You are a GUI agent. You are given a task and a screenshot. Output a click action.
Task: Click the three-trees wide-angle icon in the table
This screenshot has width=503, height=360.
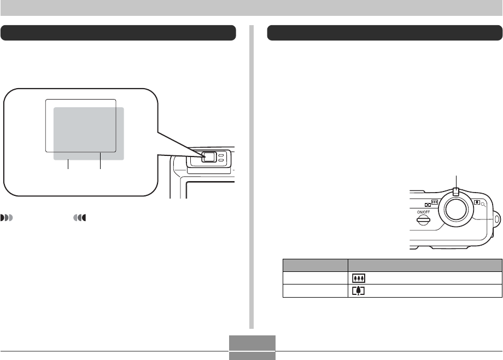[x=359, y=278]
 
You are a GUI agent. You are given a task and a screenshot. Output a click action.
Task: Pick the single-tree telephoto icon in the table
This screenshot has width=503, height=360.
[x=359, y=290]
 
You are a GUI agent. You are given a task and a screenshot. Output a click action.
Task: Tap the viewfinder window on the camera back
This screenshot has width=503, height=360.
[x=208, y=157]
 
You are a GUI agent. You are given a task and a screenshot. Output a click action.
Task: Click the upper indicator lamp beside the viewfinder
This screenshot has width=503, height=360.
[x=221, y=155]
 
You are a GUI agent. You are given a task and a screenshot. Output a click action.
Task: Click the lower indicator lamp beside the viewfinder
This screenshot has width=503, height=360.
[x=221, y=161]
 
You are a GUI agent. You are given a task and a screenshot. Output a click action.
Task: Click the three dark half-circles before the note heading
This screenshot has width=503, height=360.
[x=7, y=218]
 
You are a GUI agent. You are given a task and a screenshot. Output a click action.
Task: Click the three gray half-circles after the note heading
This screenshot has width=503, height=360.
[x=80, y=218]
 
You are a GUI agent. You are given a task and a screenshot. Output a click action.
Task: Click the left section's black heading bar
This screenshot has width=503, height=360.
[x=118, y=33]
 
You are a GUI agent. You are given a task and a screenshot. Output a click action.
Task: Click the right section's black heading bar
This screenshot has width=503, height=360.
[x=384, y=33]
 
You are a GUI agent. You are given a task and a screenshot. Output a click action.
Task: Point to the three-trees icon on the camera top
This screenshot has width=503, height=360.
[x=435, y=201]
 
